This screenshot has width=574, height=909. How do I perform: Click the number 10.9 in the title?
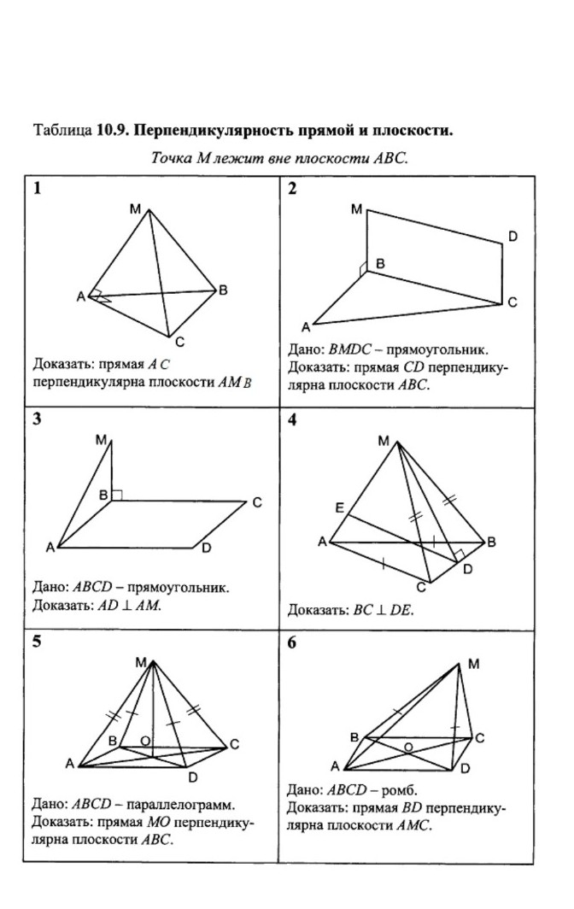pyautogui.click(x=111, y=131)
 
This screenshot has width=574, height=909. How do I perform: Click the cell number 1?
pyautogui.click(x=37, y=190)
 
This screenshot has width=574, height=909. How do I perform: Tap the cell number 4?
pyautogui.click(x=292, y=420)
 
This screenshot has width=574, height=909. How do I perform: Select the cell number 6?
pyautogui.click(x=292, y=643)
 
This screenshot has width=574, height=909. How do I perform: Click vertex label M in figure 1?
pyautogui.click(x=136, y=207)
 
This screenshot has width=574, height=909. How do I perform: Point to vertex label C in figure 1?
pyautogui.click(x=179, y=343)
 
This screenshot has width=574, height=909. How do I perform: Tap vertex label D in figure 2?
pyautogui.click(x=512, y=236)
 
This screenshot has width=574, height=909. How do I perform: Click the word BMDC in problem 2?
pyautogui.click(x=350, y=350)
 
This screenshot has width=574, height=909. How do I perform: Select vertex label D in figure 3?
pyautogui.click(x=206, y=548)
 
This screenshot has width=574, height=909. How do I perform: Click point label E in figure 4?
pyautogui.click(x=339, y=508)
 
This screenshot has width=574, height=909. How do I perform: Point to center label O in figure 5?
pyautogui.click(x=145, y=741)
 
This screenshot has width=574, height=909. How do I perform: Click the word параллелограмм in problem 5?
pyautogui.click(x=182, y=805)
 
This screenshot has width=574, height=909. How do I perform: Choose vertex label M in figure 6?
pyautogui.click(x=474, y=664)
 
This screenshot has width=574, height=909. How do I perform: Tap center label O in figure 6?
pyautogui.click(x=408, y=748)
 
